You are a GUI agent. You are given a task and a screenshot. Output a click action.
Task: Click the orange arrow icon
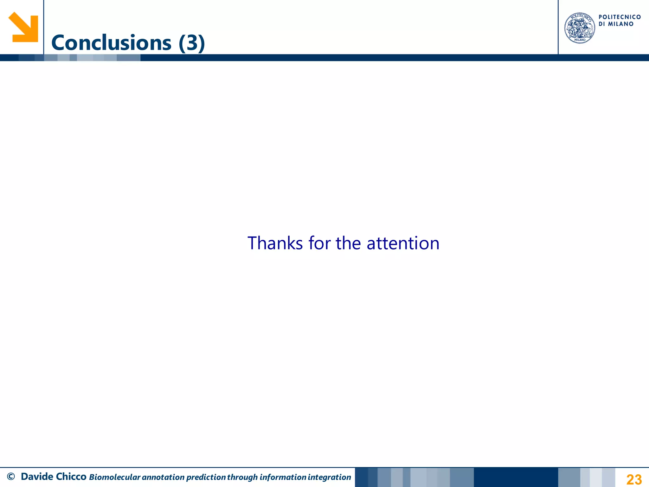point(23,27)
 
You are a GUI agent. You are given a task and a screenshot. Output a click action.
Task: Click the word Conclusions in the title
point(111,43)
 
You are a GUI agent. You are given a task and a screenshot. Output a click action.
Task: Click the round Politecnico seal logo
point(580,28)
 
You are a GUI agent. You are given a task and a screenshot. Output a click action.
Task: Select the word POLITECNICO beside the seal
point(620,17)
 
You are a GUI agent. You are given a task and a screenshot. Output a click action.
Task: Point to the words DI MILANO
point(616,24)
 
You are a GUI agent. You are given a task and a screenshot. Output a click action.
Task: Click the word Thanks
point(275,243)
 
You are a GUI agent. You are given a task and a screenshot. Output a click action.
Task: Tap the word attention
point(403,243)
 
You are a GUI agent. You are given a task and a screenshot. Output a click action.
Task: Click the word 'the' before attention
point(348,243)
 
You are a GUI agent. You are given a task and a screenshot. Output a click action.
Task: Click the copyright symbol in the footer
point(11,477)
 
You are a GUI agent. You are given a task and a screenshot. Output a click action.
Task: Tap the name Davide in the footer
point(37,477)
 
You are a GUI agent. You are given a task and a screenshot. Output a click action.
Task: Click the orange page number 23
point(634,479)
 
